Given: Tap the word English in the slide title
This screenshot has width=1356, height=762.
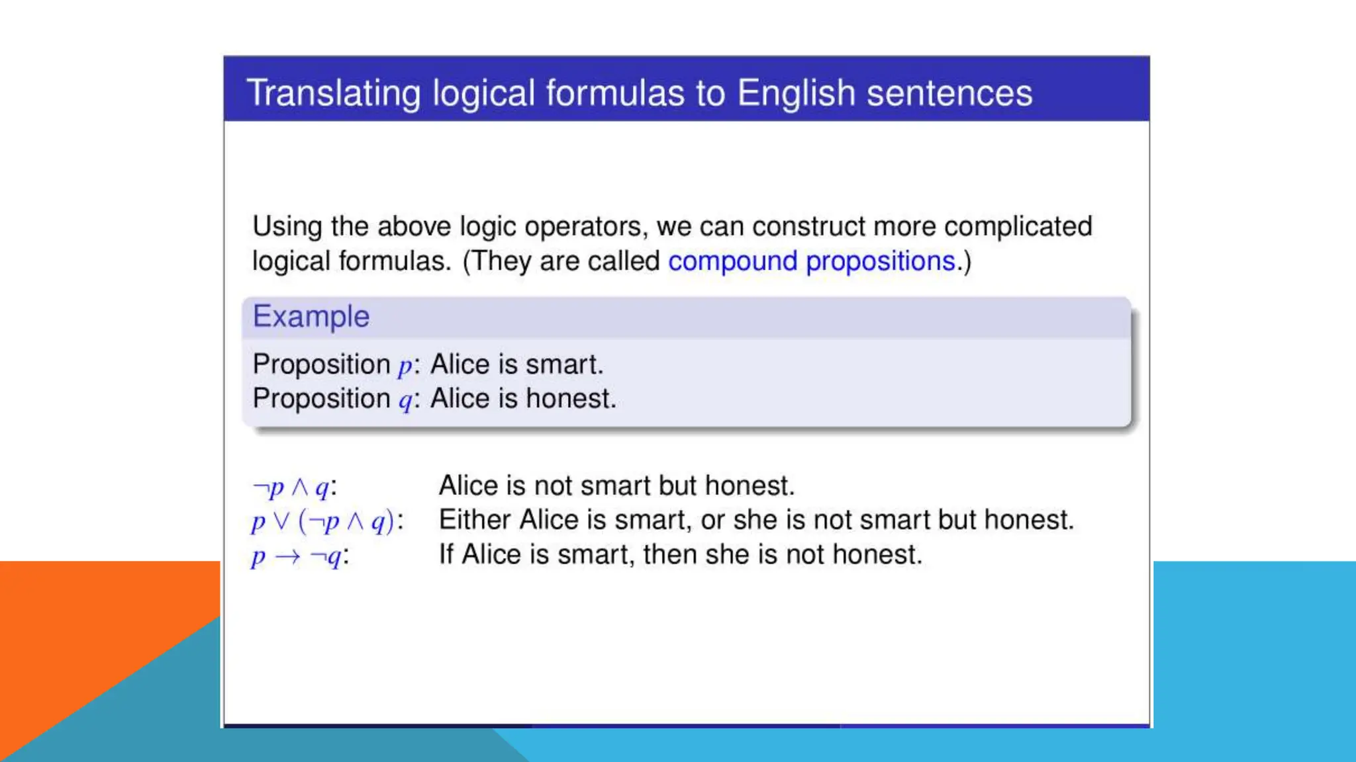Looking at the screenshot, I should click(x=796, y=93).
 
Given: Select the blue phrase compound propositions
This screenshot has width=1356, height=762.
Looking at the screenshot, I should click(x=812, y=261).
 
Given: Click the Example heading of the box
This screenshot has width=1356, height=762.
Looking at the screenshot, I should click(x=311, y=317).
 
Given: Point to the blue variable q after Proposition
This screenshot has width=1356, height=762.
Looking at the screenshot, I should click(x=405, y=401).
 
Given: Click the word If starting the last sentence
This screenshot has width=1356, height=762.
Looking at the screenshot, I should click(x=446, y=554).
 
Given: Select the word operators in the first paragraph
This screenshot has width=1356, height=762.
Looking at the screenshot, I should click(x=583, y=227).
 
